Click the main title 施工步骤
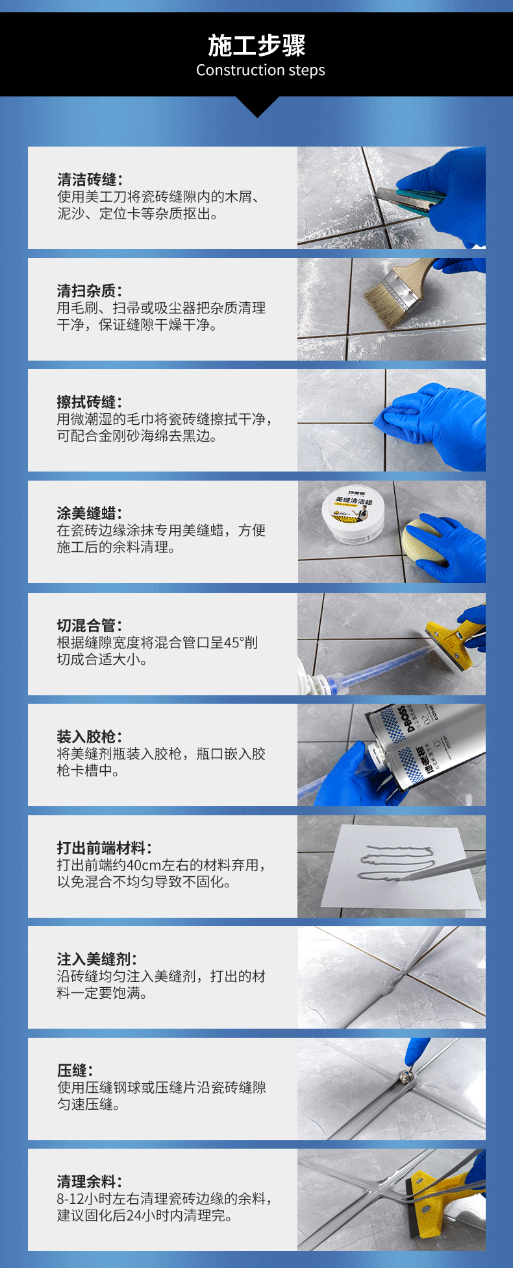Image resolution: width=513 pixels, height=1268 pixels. pyautogui.click(x=257, y=45)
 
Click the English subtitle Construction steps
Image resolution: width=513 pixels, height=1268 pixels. pyautogui.click(x=260, y=70)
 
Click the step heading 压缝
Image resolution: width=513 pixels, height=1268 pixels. pyautogui.click(x=75, y=1070)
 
